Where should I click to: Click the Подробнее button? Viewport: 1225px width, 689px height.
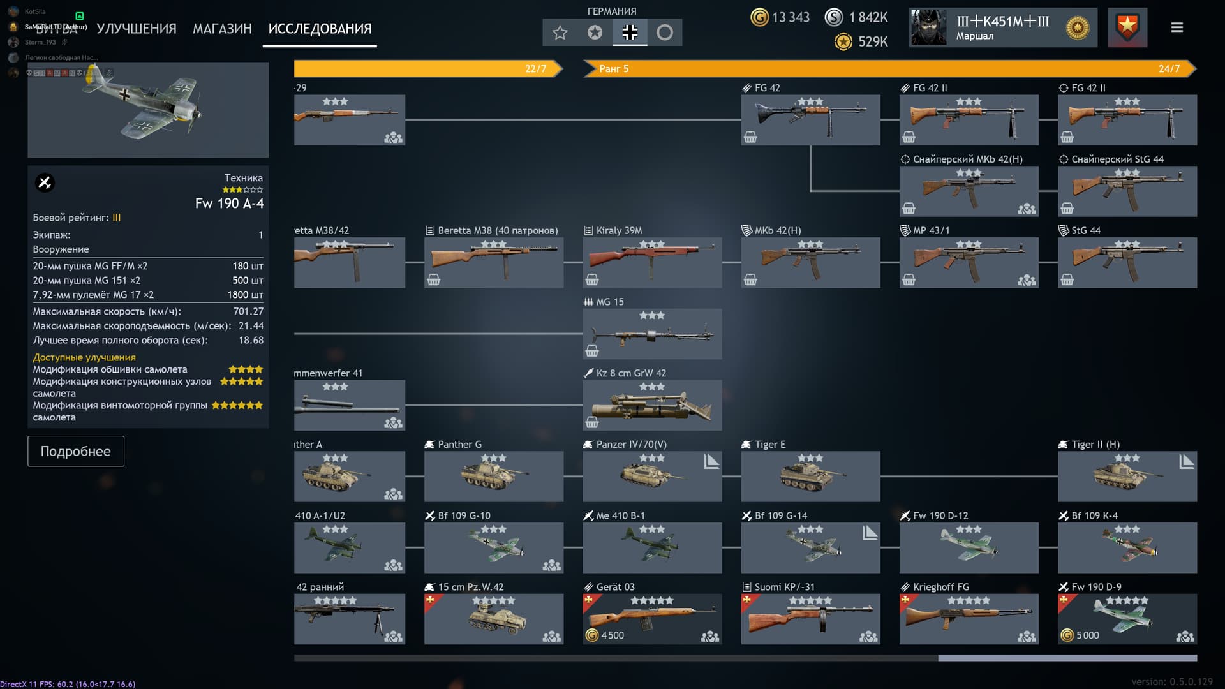tap(75, 451)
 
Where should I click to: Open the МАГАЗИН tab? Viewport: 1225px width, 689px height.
tap(222, 29)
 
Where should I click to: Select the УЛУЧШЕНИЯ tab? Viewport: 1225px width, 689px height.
tap(136, 29)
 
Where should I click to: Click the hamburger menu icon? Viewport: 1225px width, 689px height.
tap(1177, 27)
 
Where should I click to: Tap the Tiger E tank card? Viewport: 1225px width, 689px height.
tap(810, 476)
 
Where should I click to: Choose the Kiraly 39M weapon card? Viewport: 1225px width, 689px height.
tap(652, 262)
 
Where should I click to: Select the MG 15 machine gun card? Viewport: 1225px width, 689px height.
tap(652, 334)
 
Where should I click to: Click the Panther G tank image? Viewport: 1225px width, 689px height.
tap(494, 476)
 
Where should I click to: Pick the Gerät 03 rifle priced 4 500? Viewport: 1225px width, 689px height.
tap(652, 619)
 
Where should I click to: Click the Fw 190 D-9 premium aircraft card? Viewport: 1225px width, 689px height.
tap(1127, 619)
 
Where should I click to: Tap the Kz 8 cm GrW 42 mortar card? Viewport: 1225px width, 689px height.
tap(652, 405)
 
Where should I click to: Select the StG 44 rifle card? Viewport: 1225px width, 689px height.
tap(1127, 262)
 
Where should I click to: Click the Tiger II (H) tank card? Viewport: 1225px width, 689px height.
tap(1127, 476)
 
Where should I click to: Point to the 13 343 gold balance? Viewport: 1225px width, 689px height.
tap(781, 17)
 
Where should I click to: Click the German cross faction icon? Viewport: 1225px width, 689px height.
tap(630, 33)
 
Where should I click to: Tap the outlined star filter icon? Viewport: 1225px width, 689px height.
tap(560, 33)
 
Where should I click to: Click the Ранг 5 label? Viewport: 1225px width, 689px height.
tap(613, 69)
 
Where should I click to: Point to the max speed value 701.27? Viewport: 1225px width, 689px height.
tap(248, 311)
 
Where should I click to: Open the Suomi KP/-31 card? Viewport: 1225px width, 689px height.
tap(810, 619)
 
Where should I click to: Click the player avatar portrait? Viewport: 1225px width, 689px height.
tap(928, 27)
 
